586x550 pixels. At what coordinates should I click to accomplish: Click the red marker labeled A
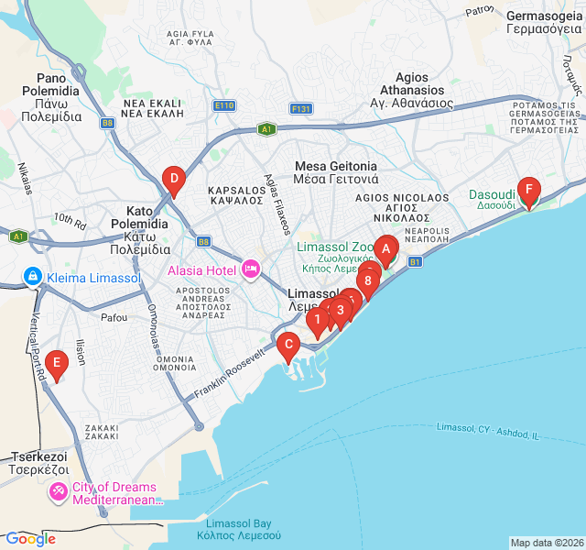(385, 247)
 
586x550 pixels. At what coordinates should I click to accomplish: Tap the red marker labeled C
(288, 347)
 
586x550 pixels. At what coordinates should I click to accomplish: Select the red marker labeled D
(172, 180)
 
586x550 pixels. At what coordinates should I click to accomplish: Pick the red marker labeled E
(57, 365)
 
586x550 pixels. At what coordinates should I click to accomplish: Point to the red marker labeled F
(527, 191)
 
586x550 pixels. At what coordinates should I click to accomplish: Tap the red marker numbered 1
(317, 320)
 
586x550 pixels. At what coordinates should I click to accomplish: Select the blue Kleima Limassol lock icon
(32, 276)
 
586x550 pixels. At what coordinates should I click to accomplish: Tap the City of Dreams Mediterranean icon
(59, 492)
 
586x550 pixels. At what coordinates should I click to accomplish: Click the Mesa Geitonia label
(337, 172)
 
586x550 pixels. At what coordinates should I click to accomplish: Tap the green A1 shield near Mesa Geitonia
(266, 129)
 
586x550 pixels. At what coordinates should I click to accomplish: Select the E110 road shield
(224, 106)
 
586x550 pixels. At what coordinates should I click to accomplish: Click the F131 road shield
(301, 108)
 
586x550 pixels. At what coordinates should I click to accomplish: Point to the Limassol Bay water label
(238, 528)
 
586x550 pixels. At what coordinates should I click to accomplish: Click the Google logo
(30, 539)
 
